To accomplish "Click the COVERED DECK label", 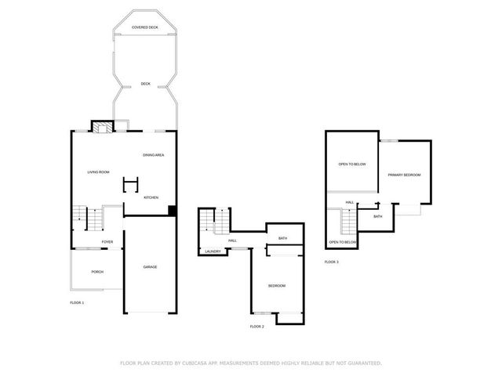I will [146, 27].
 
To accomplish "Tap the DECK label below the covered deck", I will [145, 84].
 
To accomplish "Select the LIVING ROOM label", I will [98, 172].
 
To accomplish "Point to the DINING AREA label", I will [153, 155].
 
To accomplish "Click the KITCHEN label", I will [151, 197].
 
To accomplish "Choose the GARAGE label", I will [150, 267].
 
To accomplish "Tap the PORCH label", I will [97, 272].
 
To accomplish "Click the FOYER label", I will [107, 242].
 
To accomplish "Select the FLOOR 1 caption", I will [77, 302].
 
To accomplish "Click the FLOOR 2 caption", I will [256, 326].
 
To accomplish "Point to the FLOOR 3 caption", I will [332, 262].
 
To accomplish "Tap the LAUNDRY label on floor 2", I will [213, 251].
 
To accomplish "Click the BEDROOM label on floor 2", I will [276, 285].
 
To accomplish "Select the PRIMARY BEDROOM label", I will [406, 175].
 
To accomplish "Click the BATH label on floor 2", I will [282, 238].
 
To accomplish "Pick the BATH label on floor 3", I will [377, 216].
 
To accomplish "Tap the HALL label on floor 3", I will [350, 203].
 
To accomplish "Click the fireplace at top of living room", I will [102, 126].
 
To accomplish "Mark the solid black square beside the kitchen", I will [172, 209].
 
